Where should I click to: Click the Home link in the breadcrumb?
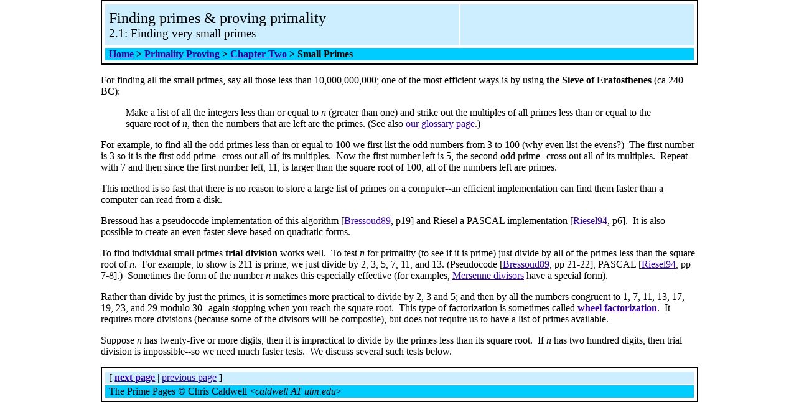pyautogui.click(x=121, y=54)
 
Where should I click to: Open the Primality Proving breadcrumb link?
pyautogui.click(x=182, y=54)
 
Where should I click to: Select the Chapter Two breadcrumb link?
pyautogui.click(x=258, y=54)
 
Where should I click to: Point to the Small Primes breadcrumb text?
pyautogui.click(x=325, y=54)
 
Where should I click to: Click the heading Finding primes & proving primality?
pyautogui.click(x=217, y=19)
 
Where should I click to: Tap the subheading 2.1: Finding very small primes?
pyautogui.click(x=182, y=34)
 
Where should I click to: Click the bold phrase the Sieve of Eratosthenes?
pyautogui.click(x=599, y=80)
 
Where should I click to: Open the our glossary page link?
pyautogui.click(x=440, y=124)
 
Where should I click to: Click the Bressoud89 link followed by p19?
pyautogui.click(x=367, y=221)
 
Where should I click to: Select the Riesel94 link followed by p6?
pyautogui.click(x=590, y=221)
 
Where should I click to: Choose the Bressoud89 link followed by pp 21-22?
pyautogui.click(x=526, y=264)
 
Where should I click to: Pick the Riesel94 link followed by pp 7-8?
pyautogui.click(x=658, y=264)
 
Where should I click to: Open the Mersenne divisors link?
pyautogui.click(x=488, y=276)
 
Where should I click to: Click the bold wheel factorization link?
pyautogui.click(x=617, y=308)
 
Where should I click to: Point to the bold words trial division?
pyautogui.click(x=251, y=253)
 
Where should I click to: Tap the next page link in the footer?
pyautogui.click(x=134, y=378)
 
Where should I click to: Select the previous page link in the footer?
pyautogui.click(x=189, y=378)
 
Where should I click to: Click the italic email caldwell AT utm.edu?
pyautogui.click(x=296, y=391)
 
